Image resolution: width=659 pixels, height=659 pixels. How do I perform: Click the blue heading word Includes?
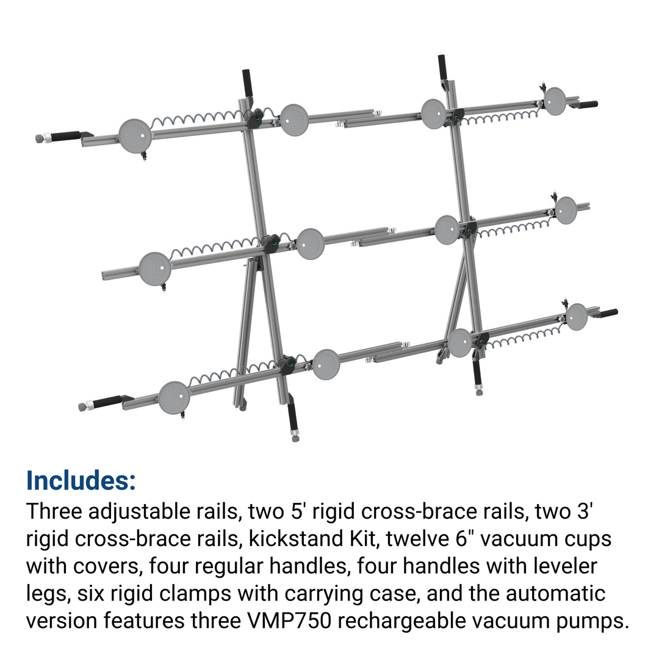coord(81,480)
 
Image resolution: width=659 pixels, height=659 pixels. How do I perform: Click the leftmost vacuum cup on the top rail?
coord(135,135)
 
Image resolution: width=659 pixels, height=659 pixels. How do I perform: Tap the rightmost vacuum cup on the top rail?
coord(555,101)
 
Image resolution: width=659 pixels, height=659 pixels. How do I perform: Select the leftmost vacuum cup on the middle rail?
coord(155,269)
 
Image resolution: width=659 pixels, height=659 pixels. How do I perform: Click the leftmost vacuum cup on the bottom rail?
coord(174,398)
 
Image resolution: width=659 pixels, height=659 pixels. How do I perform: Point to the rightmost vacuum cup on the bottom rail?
coord(576,317)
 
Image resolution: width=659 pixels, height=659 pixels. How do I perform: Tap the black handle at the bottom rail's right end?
coord(608,313)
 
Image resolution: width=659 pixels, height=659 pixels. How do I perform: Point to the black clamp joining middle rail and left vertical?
coord(273,242)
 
